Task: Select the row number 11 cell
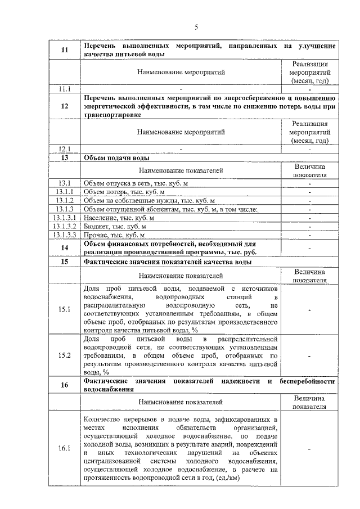pyautogui.click(x=65, y=50)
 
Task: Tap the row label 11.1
pyautogui.click(x=65, y=89)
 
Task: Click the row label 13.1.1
pyautogui.click(x=65, y=192)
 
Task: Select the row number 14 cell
pyautogui.click(x=65, y=248)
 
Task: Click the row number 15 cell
pyautogui.click(x=65, y=262)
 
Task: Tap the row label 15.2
pyautogui.click(x=65, y=355)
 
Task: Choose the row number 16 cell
pyautogui.click(x=65, y=385)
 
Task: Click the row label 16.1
pyautogui.click(x=65, y=448)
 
